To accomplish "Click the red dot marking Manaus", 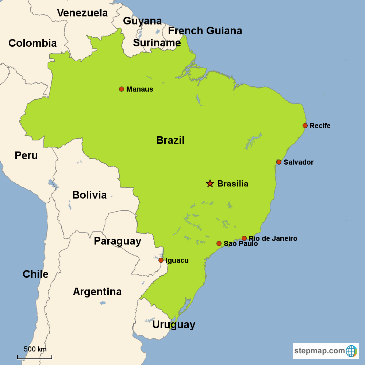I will tap(122, 89).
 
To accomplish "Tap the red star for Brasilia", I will tap(210, 184).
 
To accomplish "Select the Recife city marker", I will tap(305, 126).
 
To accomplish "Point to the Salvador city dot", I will tap(279, 162).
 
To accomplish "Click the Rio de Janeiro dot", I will tap(244, 238).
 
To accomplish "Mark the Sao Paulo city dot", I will tap(219, 243).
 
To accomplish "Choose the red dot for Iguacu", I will tap(161, 260).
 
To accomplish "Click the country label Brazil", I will tap(170, 140).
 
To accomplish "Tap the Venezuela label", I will tap(82, 13).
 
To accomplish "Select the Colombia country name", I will tap(32, 43).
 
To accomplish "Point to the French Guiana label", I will tap(205, 31).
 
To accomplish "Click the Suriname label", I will tap(157, 43).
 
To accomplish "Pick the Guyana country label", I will tap(142, 21).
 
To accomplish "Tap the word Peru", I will tap(26, 155).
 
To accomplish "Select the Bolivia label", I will tap(89, 195).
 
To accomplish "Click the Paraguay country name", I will tap(118, 241).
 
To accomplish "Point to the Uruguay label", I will tap(174, 324).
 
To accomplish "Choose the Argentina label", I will tap(97, 292).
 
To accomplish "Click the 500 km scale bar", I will tap(35, 357).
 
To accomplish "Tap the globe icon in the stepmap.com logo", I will tap(351, 351).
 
